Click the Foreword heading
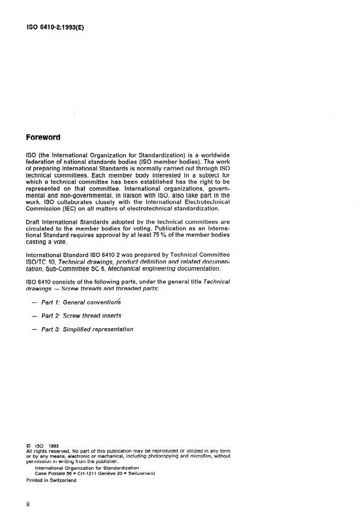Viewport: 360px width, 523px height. pyautogui.click(x=43, y=138)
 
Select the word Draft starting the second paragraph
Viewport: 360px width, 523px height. pyautogui.click(x=34, y=236)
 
